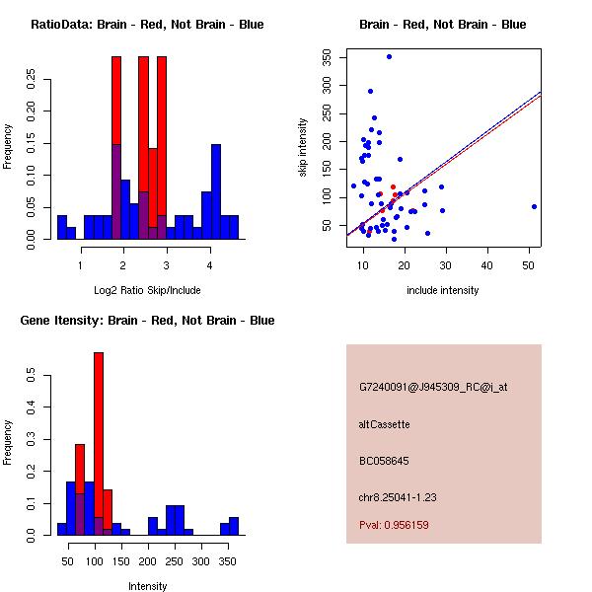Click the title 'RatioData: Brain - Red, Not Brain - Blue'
(147, 25)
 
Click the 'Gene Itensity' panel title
(147, 321)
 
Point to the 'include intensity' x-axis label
(443, 290)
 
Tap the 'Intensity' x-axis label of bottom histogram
(147, 586)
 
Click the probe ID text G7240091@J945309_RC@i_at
(433, 388)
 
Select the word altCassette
(384, 424)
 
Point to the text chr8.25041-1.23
(398, 496)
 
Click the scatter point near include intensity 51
(534, 206)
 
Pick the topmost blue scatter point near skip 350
(389, 56)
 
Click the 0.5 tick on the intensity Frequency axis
(33, 377)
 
